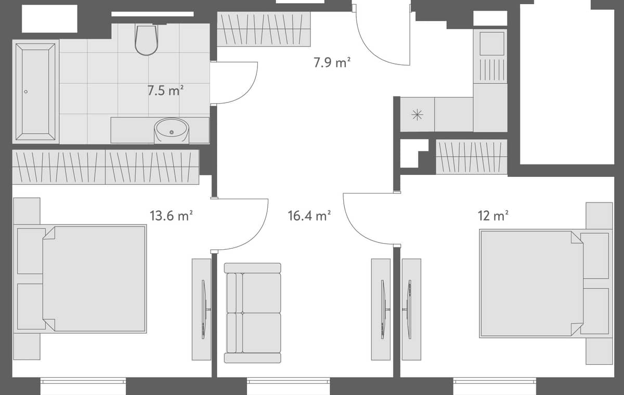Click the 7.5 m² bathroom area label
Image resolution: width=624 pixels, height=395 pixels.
(x=166, y=90)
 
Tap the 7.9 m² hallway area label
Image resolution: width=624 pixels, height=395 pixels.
(x=332, y=63)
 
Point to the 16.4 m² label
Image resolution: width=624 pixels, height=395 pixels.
(x=309, y=215)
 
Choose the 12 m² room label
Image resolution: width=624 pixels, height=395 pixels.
(x=493, y=215)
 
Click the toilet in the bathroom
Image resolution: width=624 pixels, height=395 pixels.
(x=146, y=40)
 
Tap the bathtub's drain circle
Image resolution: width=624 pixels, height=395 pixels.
(x=26, y=92)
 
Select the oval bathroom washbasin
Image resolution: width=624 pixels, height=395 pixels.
(x=172, y=130)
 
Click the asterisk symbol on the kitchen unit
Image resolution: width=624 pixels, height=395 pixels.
(x=417, y=115)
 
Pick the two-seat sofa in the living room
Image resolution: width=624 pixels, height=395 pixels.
(x=253, y=313)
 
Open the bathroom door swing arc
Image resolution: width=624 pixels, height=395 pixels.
(x=237, y=83)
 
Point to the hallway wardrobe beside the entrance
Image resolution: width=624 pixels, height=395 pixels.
(x=264, y=29)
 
